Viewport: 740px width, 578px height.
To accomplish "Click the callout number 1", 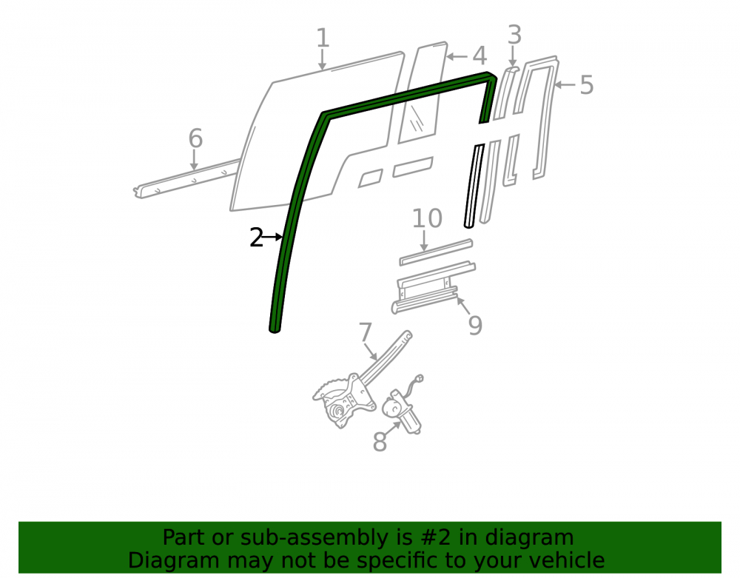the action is point(323,38).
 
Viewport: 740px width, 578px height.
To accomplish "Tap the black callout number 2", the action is point(256,238).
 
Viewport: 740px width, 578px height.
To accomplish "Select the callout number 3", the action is point(514,35).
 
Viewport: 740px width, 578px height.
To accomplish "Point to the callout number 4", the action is point(480,56).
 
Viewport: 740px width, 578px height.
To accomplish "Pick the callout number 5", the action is point(586,85).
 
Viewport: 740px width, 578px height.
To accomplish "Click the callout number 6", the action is point(195,138).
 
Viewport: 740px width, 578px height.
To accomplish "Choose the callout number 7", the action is point(366,332).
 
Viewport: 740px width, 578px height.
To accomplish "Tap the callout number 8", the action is point(380,442).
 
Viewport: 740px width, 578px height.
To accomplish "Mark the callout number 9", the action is point(475,325).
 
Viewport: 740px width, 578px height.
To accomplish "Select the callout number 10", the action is point(427,218).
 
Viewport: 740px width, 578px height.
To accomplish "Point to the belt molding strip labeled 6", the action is point(187,179).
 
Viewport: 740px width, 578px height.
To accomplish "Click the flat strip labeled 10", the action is point(436,252).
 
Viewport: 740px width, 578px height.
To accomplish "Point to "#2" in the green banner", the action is point(432,537).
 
